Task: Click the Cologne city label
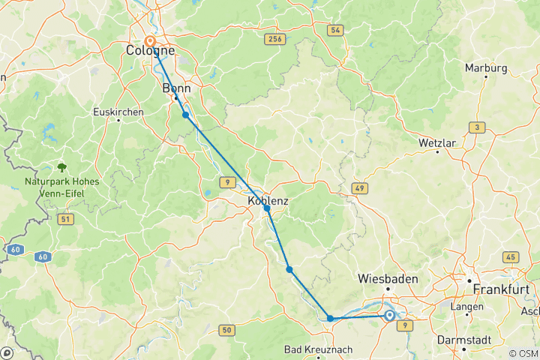[x=150, y=51]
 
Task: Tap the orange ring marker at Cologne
[x=150, y=42]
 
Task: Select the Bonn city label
[x=177, y=88]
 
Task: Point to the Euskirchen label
[x=118, y=111]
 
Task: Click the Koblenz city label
[x=268, y=201]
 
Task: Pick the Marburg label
[x=486, y=68]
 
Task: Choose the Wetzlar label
[x=437, y=142]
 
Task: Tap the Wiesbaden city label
[x=388, y=278]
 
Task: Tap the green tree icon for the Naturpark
[x=61, y=168]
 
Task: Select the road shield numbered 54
[x=334, y=29]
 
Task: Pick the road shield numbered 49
[x=360, y=187]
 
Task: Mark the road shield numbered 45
[x=511, y=257]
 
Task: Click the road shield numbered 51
[x=66, y=218]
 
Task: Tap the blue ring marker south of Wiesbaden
[x=390, y=316]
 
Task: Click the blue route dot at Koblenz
[x=267, y=208]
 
